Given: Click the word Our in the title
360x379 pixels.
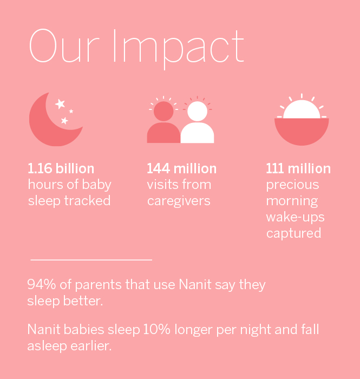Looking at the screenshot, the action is (x=64, y=46).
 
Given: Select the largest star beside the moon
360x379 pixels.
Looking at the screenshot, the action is (x=60, y=104).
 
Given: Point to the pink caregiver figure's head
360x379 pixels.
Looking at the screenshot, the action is (x=163, y=111).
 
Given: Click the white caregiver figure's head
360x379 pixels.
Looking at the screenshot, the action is (x=198, y=111).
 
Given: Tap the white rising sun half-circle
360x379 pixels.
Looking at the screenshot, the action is (x=302, y=110).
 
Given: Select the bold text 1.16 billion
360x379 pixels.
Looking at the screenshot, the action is (x=61, y=168).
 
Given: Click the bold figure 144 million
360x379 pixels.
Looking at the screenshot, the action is (x=182, y=168).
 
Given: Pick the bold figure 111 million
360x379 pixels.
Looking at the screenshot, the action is (x=298, y=168).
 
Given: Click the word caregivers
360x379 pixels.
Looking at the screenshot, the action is (x=179, y=201).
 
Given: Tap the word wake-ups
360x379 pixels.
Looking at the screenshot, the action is (x=295, y=217).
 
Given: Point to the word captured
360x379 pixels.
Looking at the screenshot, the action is (x=294, y=233).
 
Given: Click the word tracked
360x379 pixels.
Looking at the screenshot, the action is (x=88, y=201).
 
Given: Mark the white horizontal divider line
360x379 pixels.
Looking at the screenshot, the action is (x=91, y=260).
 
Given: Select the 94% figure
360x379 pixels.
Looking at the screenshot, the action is (x=42, y=284).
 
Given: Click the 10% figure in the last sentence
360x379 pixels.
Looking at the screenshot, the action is (x=157, y=329).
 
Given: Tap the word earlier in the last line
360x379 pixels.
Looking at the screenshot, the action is (x=91, y=346).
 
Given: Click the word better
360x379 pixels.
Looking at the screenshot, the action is (x=83, y=301).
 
